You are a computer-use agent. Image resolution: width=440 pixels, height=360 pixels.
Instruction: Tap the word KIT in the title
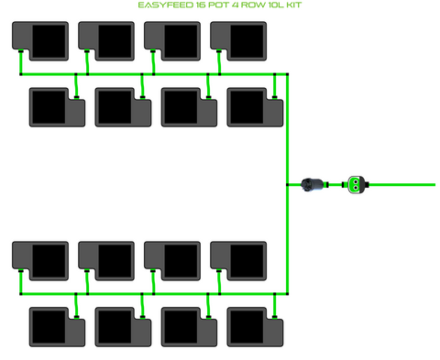coord(294,5)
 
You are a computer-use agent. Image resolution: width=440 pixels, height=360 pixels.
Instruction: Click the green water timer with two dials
coord(356,184)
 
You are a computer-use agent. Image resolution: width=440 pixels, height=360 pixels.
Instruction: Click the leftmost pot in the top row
coord(40,41)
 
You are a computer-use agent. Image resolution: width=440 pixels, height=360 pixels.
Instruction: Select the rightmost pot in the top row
coord(238,41)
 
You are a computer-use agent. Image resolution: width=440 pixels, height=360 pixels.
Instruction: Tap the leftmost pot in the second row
coord(57,107)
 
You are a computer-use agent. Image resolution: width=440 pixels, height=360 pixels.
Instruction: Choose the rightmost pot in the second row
coord(255,107)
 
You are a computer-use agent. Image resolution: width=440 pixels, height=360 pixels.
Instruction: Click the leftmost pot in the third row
coord(40,261)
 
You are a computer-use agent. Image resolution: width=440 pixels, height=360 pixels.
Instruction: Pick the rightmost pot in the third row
coord(238,261)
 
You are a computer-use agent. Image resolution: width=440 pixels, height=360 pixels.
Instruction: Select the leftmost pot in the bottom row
coord(57,327)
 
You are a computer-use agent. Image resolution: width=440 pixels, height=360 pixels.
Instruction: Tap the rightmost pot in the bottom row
coord(255,327)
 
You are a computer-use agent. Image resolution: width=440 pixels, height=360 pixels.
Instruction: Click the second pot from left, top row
coord(106,41)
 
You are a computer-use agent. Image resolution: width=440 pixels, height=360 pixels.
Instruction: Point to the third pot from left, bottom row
coord(189,327)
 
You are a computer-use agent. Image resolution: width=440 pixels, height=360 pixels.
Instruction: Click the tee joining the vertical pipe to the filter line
coord(287,184)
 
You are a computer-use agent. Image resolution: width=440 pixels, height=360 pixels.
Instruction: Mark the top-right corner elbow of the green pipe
coord(287,74)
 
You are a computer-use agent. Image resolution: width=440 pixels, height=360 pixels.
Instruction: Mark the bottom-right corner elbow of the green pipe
coord(287,294)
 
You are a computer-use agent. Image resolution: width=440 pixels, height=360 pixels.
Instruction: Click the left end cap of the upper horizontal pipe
coord(21,74)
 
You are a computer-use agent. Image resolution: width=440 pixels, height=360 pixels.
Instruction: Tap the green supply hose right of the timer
coord(402,184)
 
